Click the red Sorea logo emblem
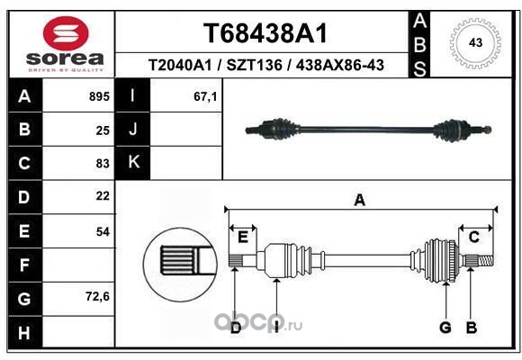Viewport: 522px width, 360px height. tap(66, 32)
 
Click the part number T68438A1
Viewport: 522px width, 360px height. tap(265, 33)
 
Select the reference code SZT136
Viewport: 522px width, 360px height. tap(254, 66)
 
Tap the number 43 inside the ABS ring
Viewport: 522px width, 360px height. tap(475, 42)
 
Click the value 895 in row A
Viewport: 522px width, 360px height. tap(99, 96)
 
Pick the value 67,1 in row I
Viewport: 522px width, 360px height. tap(205, 96)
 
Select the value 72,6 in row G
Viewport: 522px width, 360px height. tap(97, 296)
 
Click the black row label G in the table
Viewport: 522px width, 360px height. tap(24, 299)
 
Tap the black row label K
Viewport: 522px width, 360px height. tap(133, 163)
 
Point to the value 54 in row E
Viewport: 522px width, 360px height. tap(103, 231)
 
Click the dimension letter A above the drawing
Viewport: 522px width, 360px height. tap(359, 201)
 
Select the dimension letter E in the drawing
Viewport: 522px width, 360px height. tap(243, 238)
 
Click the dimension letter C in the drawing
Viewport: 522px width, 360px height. tap(473, 237)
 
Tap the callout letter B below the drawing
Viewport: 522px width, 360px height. tap(471, 328)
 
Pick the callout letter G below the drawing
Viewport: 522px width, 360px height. tap(445, 328)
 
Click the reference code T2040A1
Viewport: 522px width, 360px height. tap(180, 66)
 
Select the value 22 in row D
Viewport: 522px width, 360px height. tap(103, 196)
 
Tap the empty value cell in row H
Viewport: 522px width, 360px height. tap(78, 332)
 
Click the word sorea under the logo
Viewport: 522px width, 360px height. tap(65, 58)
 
